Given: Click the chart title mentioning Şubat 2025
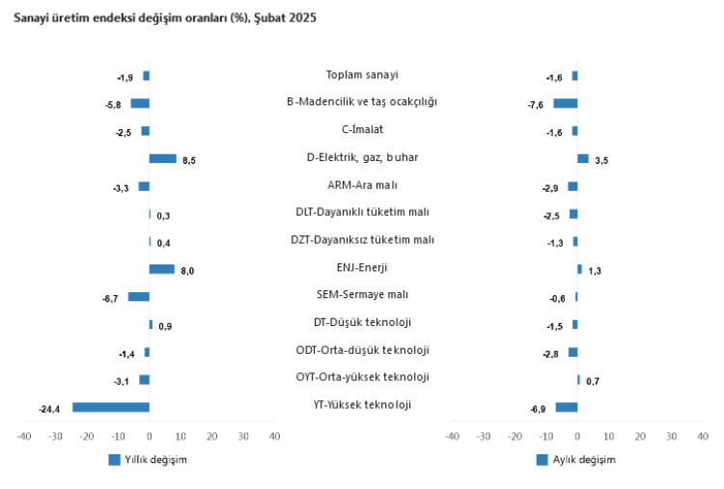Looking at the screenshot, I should (163, 18).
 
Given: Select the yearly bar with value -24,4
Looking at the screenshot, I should (111, 407).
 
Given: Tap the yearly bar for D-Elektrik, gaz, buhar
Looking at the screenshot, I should (162, 158).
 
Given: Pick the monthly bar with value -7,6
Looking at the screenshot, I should (565, 103).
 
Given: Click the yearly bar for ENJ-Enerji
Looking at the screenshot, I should (161, 269).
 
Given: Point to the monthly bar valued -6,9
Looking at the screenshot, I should (566, 407).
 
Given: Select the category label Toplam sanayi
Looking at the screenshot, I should (362, 75).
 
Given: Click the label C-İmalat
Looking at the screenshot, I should (362, 129).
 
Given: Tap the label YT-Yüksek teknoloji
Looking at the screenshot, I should (362, 404).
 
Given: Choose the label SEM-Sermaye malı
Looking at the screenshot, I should (362, 294).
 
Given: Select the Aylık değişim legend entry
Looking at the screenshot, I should (575, 459).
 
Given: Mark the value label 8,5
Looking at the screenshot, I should (188, 160).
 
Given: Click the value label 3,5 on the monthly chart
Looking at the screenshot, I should (601, 160).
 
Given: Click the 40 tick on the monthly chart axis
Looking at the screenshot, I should (702, 437).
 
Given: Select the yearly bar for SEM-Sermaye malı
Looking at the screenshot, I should (139, 296).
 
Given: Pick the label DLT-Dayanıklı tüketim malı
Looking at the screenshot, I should (362, 212).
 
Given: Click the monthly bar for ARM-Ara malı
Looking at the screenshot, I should (572, 186).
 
